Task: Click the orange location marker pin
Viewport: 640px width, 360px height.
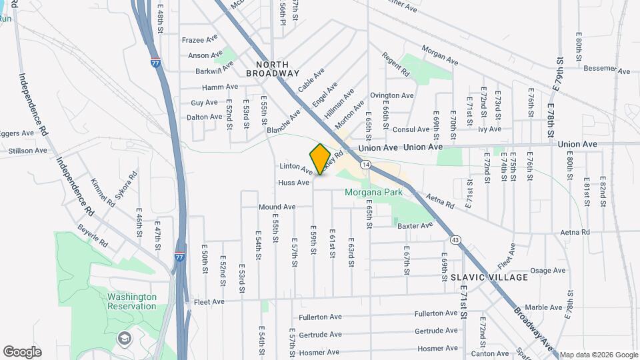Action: coord(321,159)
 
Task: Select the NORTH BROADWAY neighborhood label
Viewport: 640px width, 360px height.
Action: coord(273,68)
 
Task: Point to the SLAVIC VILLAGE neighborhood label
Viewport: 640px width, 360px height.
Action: coord(498,277)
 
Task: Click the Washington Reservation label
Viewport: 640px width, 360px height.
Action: coord(132,301)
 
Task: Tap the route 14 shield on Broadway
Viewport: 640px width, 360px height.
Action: coord(365,163)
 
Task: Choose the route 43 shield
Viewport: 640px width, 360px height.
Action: coord(455,239)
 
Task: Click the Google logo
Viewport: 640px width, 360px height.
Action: coord(22,351)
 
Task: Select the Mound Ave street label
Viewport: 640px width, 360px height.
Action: coord(277,207)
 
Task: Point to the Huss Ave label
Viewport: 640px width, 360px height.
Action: coord(293,182)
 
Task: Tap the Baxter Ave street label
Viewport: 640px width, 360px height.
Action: coord(415,226)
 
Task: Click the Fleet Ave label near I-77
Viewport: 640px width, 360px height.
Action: coord(209,301)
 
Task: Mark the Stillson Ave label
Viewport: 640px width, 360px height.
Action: coord(27,151)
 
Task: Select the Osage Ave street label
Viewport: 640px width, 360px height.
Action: coord(547,271)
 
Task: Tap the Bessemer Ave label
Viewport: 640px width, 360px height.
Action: coord(602,68)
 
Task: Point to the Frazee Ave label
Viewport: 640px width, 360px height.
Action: coord(200,40)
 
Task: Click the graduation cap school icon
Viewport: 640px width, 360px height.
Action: coord(123,339)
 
